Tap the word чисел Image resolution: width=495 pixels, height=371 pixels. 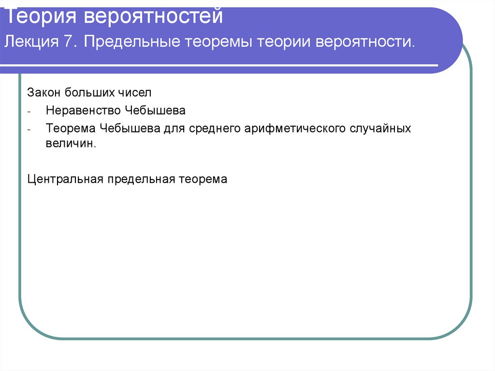124,91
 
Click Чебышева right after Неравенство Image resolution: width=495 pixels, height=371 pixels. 155,110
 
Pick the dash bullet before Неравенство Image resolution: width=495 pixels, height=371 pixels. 29,111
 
